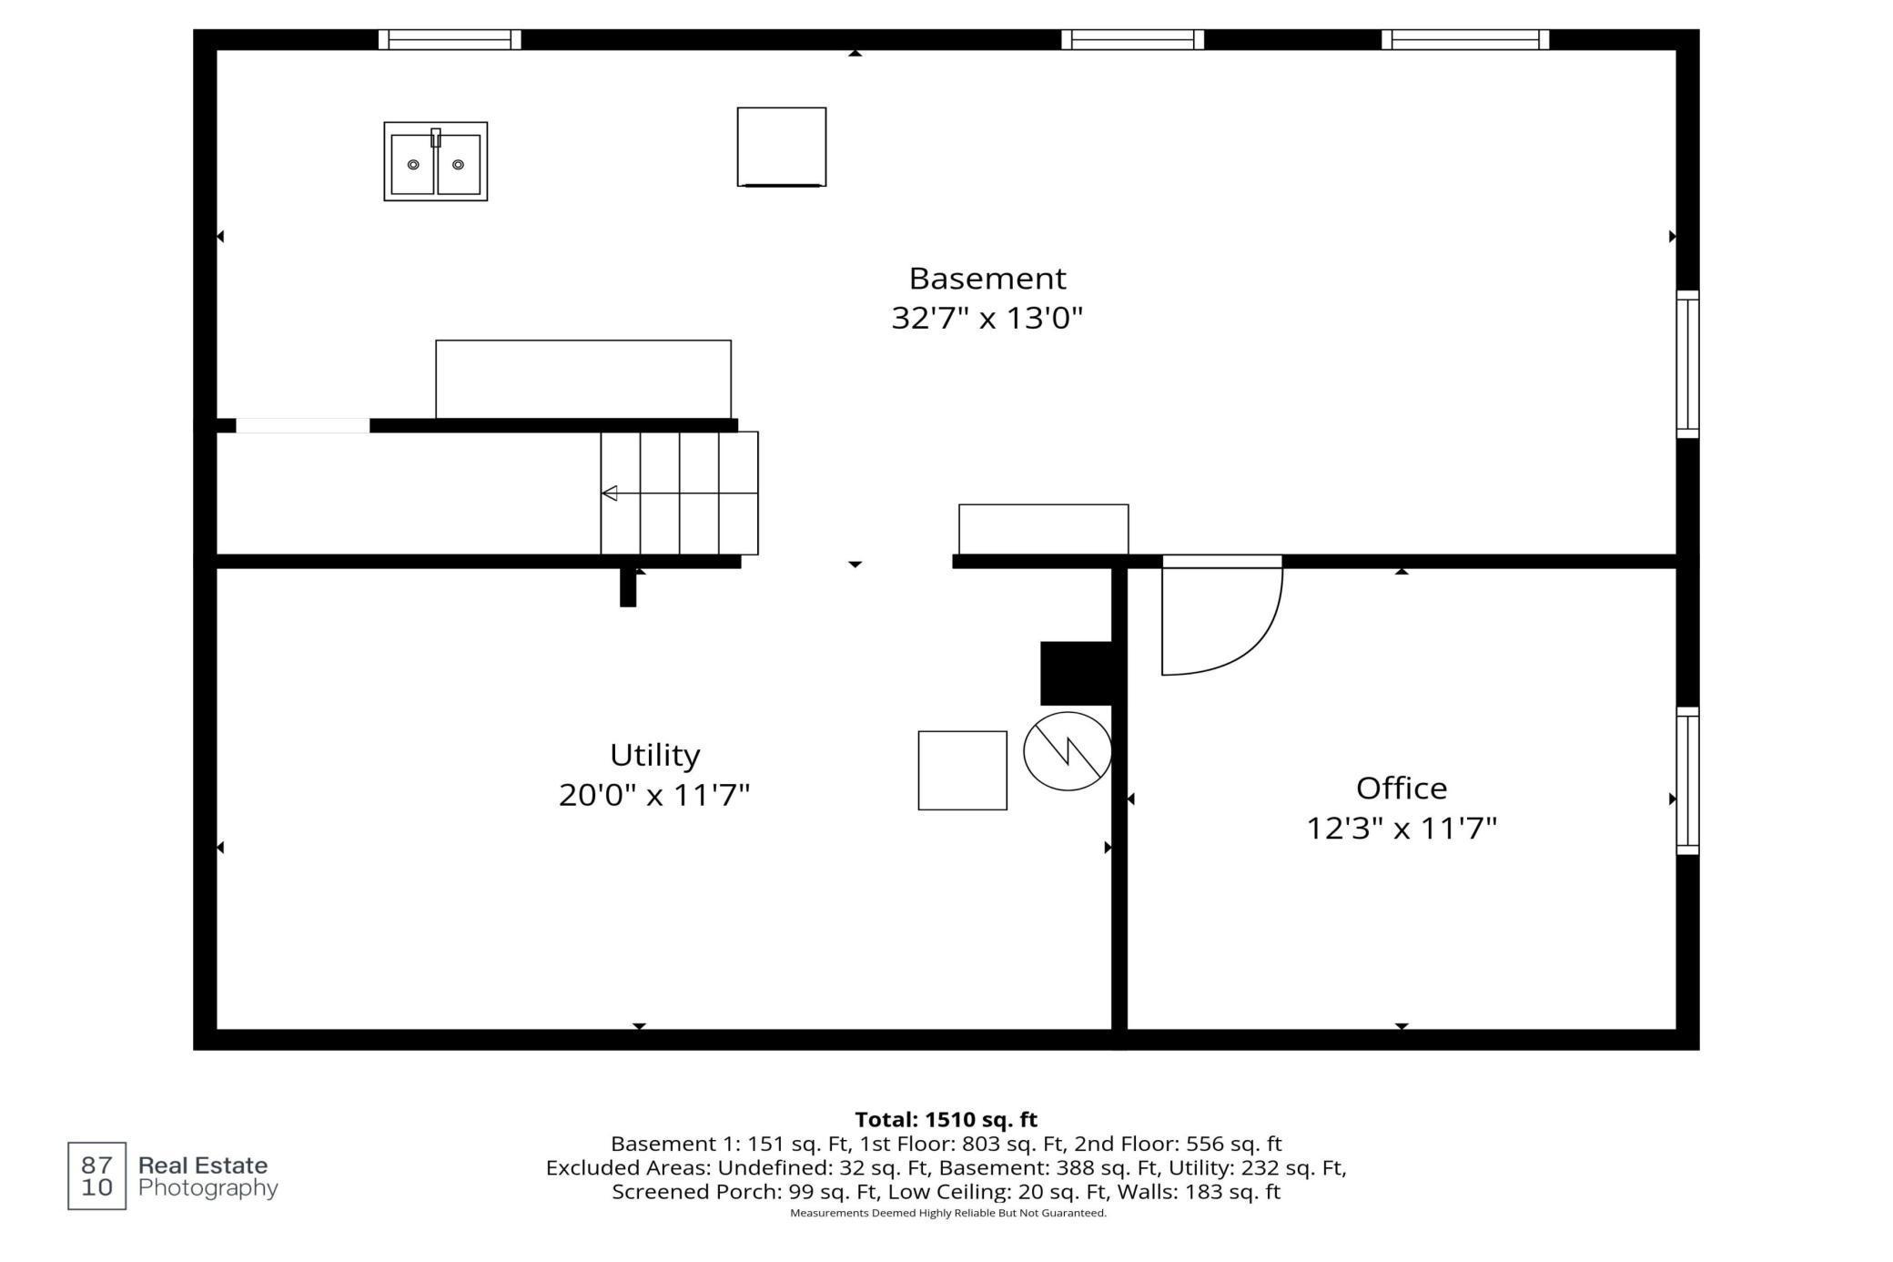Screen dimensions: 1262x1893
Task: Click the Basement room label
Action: [987, 278]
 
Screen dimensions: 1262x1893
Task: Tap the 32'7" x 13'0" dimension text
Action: [987, 318]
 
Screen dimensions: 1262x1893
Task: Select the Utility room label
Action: [654, 755]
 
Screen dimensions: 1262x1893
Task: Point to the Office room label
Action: [1401, 788]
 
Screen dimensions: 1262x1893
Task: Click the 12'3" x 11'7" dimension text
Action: [1401, 829]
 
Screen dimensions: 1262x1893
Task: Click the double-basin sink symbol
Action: [435, 162]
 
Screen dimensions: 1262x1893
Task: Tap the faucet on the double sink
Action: [436, 137]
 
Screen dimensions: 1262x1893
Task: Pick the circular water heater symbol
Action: [1067, 751]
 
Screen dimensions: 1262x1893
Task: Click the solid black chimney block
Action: [1076, 673]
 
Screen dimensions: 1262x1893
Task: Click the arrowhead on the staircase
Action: [610, 494]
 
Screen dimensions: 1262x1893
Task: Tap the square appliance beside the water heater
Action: [962, 770]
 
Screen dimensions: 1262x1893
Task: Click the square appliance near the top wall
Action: [781, 147]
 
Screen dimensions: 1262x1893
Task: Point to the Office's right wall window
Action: [1687, 780]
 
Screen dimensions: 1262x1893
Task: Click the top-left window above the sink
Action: [450, 39]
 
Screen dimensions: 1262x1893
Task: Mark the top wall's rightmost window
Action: [1464, 39]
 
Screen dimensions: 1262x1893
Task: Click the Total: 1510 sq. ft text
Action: [946, 1119]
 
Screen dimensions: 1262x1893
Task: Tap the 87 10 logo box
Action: [96, 1175]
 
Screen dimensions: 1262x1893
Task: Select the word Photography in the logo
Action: [208, 1188]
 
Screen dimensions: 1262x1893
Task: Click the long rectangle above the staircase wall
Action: [582, 379]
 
